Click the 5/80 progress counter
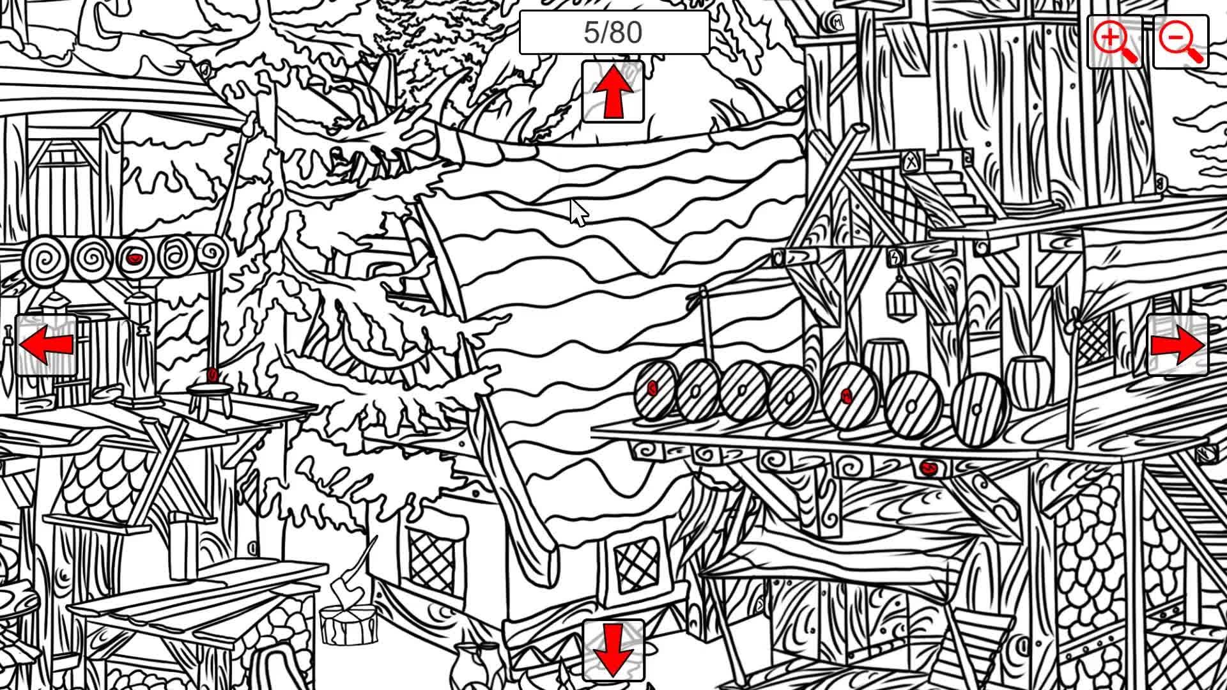[x=613, y=33]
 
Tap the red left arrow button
[x=46, y=345]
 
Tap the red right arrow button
[x=1178, y=345]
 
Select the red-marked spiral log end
[x=134, y=259]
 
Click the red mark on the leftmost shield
[x=652, y=388]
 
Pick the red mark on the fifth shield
[x=847, y=395]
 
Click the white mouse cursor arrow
[x=578, y=213]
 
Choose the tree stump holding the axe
[x=348, y=624]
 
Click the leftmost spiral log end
[x=45, y=261]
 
